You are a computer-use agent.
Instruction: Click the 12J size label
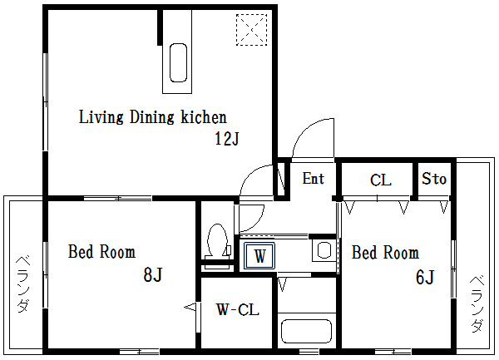coord(227,138)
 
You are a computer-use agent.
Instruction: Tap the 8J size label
coord(153,274)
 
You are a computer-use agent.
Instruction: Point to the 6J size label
coord(425,277)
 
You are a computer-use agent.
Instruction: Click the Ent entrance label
coord(314,178)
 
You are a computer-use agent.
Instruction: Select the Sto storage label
coord(434,179)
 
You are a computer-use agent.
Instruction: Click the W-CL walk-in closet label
coord(238,309)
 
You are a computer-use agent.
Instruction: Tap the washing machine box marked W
coord(259,256)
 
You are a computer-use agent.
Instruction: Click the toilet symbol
coord(218,242)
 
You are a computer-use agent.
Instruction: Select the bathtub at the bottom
coord(306,331)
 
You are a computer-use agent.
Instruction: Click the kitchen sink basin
coord(178,63)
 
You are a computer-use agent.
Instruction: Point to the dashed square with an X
coord(251,30)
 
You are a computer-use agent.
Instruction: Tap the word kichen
coord(204,117)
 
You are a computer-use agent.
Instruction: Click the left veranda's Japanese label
coord(23,284)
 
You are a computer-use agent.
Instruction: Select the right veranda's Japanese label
coord(477,304)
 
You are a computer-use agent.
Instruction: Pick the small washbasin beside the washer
coord(324,250)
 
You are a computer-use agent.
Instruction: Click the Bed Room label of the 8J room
coord(101,252)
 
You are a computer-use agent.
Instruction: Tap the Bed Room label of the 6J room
coord(385,253)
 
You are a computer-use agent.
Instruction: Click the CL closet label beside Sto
coord(380,180)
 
